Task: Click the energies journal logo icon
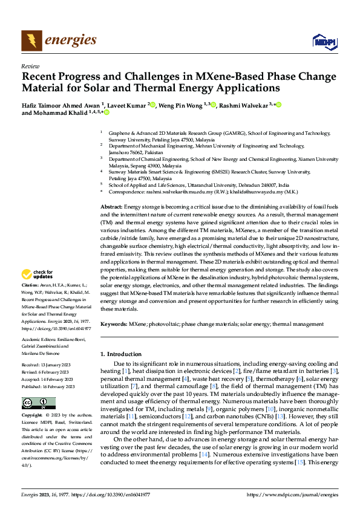tap(31, 41)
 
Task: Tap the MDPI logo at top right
tap(324, 41)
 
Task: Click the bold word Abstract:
tap(111, 207)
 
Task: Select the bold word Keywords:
tap(113, 325)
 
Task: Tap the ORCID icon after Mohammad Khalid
tap(106, 112)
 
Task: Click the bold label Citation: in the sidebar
tap(30, 284)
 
